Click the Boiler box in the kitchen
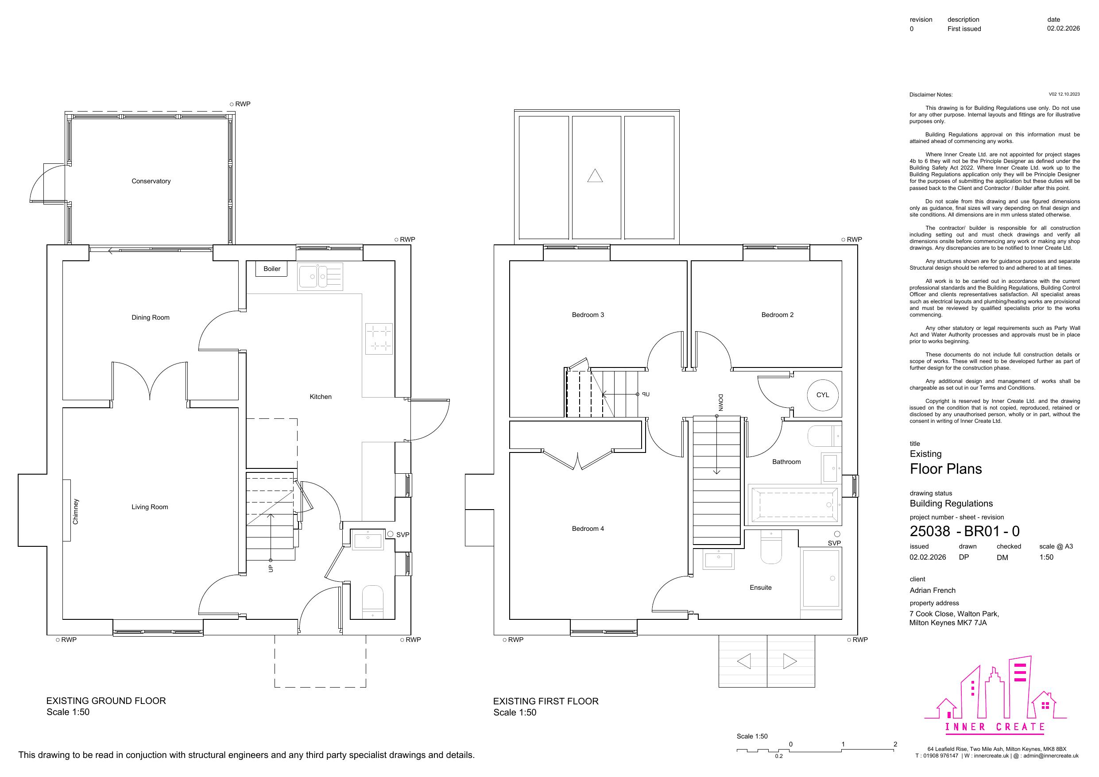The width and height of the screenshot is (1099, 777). click(271, 269)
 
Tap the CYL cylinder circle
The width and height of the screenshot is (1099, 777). click(822, 395)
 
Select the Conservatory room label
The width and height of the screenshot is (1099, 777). click(151, 181)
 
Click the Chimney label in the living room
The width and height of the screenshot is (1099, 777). click(76, 511)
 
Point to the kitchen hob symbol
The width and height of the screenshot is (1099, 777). click(379, 338)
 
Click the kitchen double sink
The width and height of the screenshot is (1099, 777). click(320, 277)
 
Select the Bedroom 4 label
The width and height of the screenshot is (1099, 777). click(587, 529)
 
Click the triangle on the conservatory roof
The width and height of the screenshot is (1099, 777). click(595, 176)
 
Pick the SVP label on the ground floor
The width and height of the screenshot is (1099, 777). click(402, 535)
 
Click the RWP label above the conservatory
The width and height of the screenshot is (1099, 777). click(242, 104)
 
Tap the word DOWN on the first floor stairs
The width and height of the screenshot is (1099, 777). click(720, 402)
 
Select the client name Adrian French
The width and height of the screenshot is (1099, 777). click(932, 590)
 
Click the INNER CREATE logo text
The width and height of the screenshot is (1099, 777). click(995, 727)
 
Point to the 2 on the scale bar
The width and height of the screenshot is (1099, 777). click(895, 744)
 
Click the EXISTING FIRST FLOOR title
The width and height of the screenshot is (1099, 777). click(545, 701)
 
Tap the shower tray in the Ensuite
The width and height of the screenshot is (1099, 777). click(820, 578)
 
